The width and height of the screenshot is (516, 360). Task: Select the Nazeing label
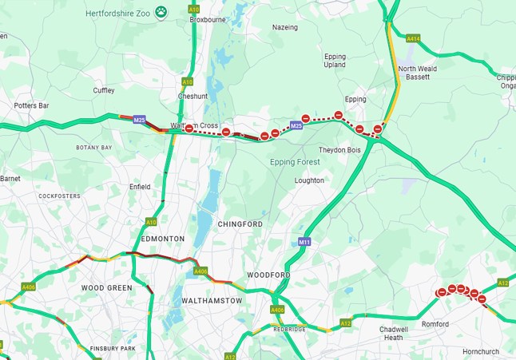pyautogui.click(x=284, y=27)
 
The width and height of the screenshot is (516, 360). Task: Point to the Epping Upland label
pyautogui.click(x=335, y=61)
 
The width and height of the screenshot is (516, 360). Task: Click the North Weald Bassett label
pyautogui.click(x=418, y=73)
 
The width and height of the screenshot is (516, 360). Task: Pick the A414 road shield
pyautogui.click(x=413, y=38)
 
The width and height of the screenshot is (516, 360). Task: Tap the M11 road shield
pyautogui.click(x=304, y=241)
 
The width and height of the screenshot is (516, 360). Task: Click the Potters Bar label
pyautogui.click(x=32, y=105)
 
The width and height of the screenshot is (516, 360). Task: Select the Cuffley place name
pyautogui.click(x=104, y=90)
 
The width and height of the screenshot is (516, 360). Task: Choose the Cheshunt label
pyautogui.click(x=193, y=96)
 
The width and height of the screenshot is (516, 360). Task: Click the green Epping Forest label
pyautogui.click(x=295, y=162)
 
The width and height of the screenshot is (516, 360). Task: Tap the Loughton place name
pyautogui.click(x=309, y=180)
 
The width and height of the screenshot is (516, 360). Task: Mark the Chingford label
pyautogui.click(x=240, y=224)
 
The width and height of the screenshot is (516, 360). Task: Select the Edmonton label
pyautogui.click(x=162, y=239)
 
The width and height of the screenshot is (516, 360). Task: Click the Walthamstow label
pyautogui.click(x=212, y=300)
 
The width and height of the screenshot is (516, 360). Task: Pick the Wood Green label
pyautogui.click(x=105, y=287)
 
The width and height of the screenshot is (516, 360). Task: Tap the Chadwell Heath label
pyautogui.click(x=394, y=333)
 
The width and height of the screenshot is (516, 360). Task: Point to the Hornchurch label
pyautogui.click(x=481, y=351)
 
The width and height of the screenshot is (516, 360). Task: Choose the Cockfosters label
pyautogui.click(x=59, y=196)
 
